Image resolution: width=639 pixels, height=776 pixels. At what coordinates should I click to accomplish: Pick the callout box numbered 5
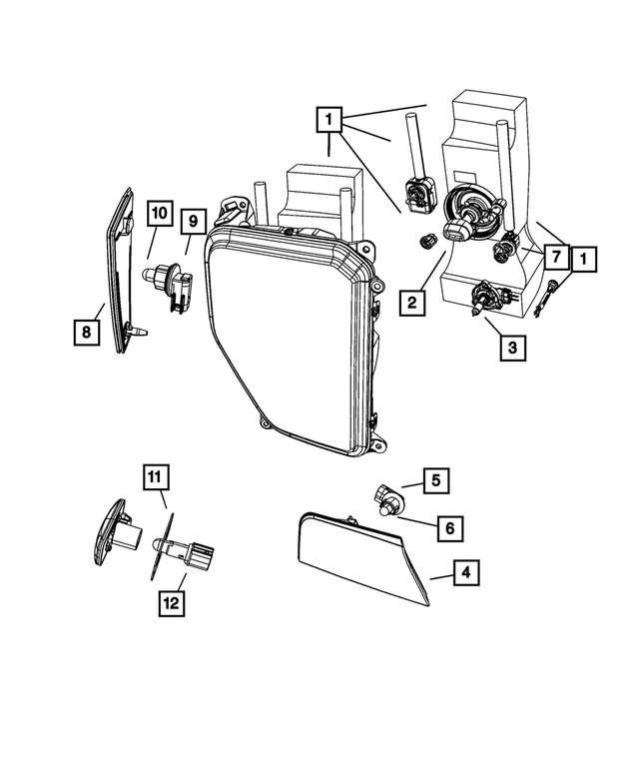pos(435,480)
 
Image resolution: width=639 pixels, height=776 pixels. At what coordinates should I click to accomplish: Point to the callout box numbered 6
pos(447,525)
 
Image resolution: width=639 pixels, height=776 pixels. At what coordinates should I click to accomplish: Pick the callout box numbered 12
pos(172,602)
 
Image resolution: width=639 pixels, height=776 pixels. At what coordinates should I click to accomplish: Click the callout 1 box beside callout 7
pos(584,259)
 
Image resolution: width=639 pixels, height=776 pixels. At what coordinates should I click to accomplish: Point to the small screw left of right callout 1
pos(548,298)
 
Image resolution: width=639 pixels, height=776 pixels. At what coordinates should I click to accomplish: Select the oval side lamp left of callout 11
pos(109,537)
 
